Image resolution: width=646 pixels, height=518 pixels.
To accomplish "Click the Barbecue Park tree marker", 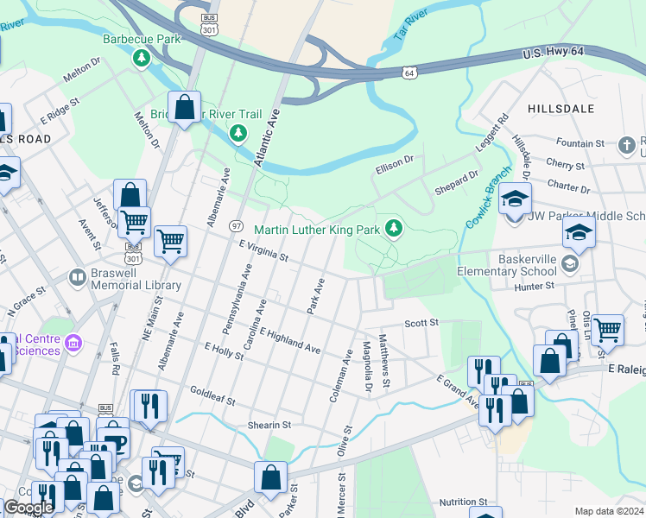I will [x=141, y=59].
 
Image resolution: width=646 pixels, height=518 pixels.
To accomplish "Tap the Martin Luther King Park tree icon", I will [x=394, y=229].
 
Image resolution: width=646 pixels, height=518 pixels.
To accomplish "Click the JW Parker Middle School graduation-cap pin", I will [x=515, y=200].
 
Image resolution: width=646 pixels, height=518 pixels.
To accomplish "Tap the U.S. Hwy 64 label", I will [x=553, y=54].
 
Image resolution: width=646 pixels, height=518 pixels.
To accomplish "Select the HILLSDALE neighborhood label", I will [x=561, y=109].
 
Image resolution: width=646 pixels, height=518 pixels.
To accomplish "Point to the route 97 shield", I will [x=235, y=225].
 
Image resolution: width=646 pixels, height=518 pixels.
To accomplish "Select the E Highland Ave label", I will [x=289, y=339].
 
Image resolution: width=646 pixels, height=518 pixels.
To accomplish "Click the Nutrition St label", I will [x=463, y=502].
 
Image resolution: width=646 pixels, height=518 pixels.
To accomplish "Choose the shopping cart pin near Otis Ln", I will [x=608, y=329].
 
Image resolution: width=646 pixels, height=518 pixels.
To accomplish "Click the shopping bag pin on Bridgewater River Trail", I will [x=184, y=108].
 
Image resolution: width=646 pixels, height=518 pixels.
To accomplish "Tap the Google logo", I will [x=28, y=508].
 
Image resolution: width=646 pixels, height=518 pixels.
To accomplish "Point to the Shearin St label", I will [x=270, y=425].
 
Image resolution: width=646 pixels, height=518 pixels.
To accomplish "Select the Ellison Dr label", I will [x=395, y=160].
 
